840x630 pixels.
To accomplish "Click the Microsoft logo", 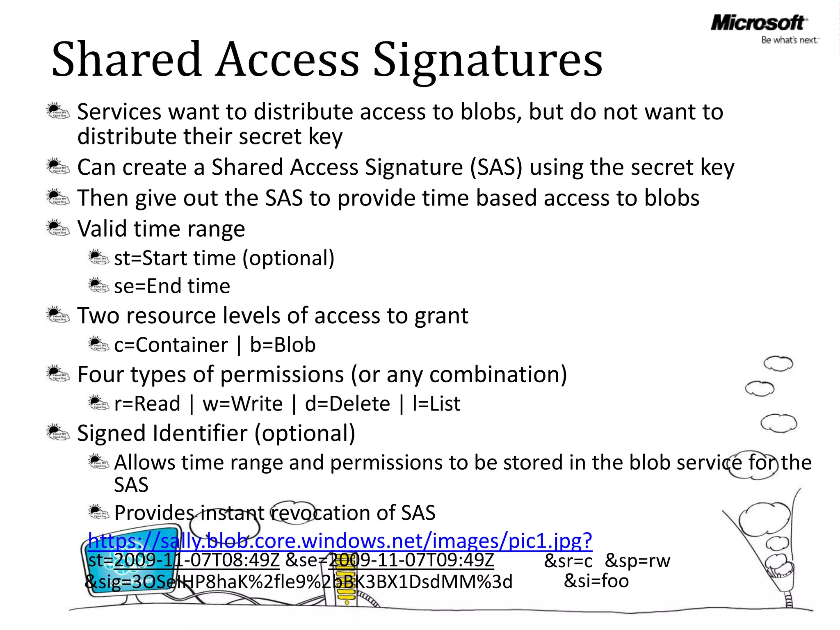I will pos(758,23).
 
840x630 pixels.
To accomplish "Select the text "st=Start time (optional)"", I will pos(224,258).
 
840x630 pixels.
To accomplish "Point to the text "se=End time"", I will pos(172,286).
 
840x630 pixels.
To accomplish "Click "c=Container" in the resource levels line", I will pos(171,345).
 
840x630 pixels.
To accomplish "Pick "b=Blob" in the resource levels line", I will pos(283,345).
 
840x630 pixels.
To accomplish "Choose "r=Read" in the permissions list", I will pos(147,404).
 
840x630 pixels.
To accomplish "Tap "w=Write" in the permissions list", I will pos(242,404).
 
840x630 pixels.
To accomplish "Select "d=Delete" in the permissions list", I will pos(347,404).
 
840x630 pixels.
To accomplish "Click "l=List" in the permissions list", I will pos(436,404).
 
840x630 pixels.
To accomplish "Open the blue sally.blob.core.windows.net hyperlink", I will pos(340,541).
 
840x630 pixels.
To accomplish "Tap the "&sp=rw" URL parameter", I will pos(637,561).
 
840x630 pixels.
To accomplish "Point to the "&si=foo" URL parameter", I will pos(596,581).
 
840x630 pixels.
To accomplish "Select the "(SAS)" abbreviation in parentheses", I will pos(496,168).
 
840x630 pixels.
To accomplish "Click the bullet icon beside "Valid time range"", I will pos(57,228).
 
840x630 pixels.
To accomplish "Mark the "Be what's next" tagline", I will pos(790,40).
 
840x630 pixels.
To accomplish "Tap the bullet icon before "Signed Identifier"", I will pos(57,432).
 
